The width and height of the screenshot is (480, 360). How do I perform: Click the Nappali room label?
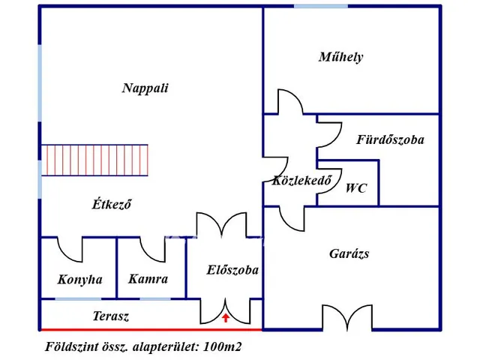coord(145,88)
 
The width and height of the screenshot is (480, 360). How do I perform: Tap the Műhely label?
coord(340,57)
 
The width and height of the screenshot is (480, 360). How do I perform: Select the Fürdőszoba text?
coord(390,139)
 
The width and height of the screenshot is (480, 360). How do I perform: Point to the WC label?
coord(356,188)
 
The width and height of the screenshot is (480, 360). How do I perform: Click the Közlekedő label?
coord(302,180)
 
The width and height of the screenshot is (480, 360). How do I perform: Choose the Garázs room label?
coord(349,253)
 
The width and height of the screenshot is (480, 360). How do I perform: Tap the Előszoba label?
coord(233,269)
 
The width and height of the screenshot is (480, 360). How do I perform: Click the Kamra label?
coord(148,279)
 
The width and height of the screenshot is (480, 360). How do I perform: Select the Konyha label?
coord(79,280)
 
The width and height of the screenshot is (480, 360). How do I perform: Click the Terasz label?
coord(110,316)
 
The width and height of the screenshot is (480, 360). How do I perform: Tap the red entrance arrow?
coord(226,319)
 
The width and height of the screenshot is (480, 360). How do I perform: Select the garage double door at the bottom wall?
coord(348,317)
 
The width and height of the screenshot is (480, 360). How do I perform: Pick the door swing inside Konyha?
coord(71,250)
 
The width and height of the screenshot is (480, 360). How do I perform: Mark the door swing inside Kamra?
coord(153,250)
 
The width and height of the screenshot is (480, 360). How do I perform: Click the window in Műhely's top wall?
coord(320,6)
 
